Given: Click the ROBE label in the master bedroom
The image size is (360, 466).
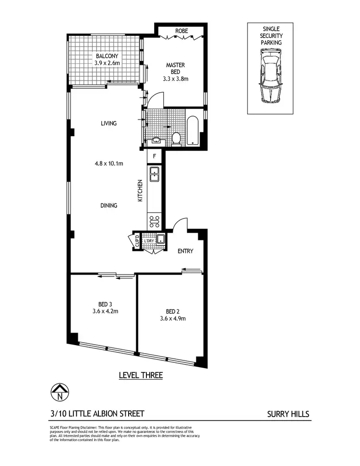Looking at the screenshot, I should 181,31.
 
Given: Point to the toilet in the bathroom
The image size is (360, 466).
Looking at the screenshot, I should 176,138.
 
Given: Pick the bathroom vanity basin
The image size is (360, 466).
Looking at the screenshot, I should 156,141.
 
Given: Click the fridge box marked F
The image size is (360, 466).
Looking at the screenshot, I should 155,156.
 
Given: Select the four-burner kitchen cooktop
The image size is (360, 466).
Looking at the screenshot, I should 155,221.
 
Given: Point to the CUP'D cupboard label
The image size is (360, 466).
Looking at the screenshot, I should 136,240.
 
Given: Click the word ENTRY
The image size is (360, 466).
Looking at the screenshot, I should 185,251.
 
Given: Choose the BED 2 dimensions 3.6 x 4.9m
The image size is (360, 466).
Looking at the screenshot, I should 173,318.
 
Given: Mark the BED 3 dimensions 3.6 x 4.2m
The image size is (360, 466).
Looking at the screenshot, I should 105,311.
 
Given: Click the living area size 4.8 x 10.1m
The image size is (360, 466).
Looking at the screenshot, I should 109,164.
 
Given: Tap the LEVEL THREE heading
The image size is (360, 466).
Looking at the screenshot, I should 141,375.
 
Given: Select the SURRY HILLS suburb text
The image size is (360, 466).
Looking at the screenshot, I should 288,414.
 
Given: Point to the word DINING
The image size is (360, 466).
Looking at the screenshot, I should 109,205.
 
